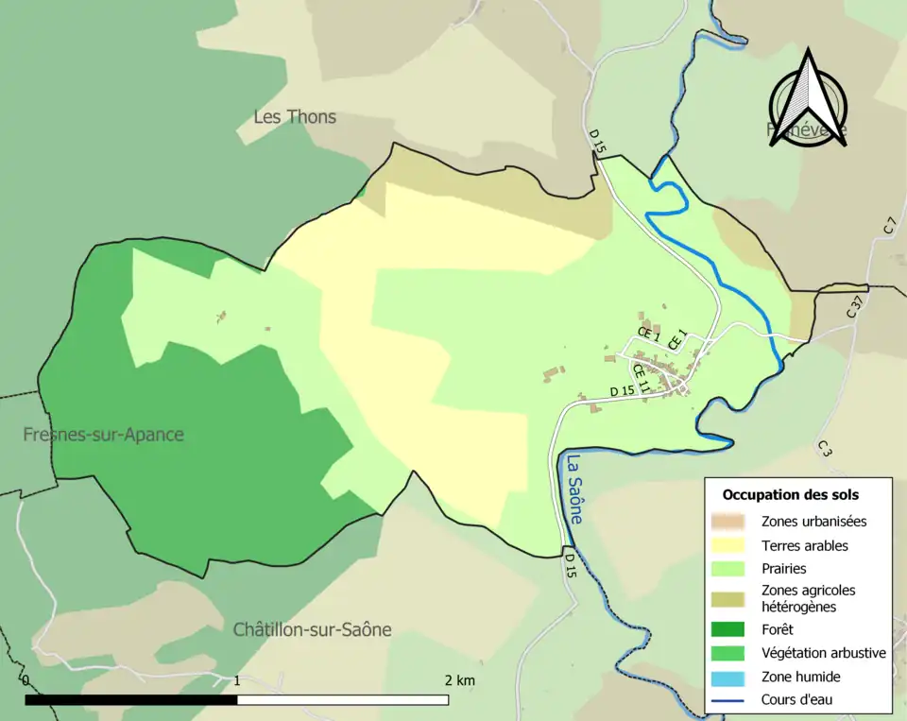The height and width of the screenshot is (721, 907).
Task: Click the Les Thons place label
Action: click(x=295, y=117)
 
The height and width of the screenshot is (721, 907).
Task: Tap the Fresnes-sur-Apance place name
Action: click(x=104, y=435)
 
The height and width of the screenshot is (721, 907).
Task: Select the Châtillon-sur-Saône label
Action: click(x=312, y=629)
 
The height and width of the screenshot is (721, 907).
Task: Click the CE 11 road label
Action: click(x=642, y=378)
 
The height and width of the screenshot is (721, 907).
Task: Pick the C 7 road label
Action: click(x=889, y=226)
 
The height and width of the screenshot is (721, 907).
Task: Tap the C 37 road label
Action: click(x=855, y=306)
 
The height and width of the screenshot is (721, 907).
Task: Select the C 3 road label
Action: click(x=824, y=448)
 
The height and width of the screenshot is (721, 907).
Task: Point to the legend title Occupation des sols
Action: click(x=790, y=494)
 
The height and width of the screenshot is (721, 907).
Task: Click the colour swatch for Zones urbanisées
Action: click(x=727, y=521)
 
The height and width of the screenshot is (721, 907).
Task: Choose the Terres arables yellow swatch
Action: click(x=727, y=545)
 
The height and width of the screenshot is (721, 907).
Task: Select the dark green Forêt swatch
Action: click(x=727, y=628)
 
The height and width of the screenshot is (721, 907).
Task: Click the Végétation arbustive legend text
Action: click(x=823, y=652)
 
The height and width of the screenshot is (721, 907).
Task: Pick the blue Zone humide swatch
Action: click(x=727, y=677)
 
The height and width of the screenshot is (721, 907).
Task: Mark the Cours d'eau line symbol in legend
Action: click(x=727, y=700)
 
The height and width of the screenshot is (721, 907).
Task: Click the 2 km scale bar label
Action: click(x=459, y=680)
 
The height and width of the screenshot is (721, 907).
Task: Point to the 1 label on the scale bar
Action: click(x=237, y=680)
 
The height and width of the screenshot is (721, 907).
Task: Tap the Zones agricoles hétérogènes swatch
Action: click(x=727, y=598)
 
